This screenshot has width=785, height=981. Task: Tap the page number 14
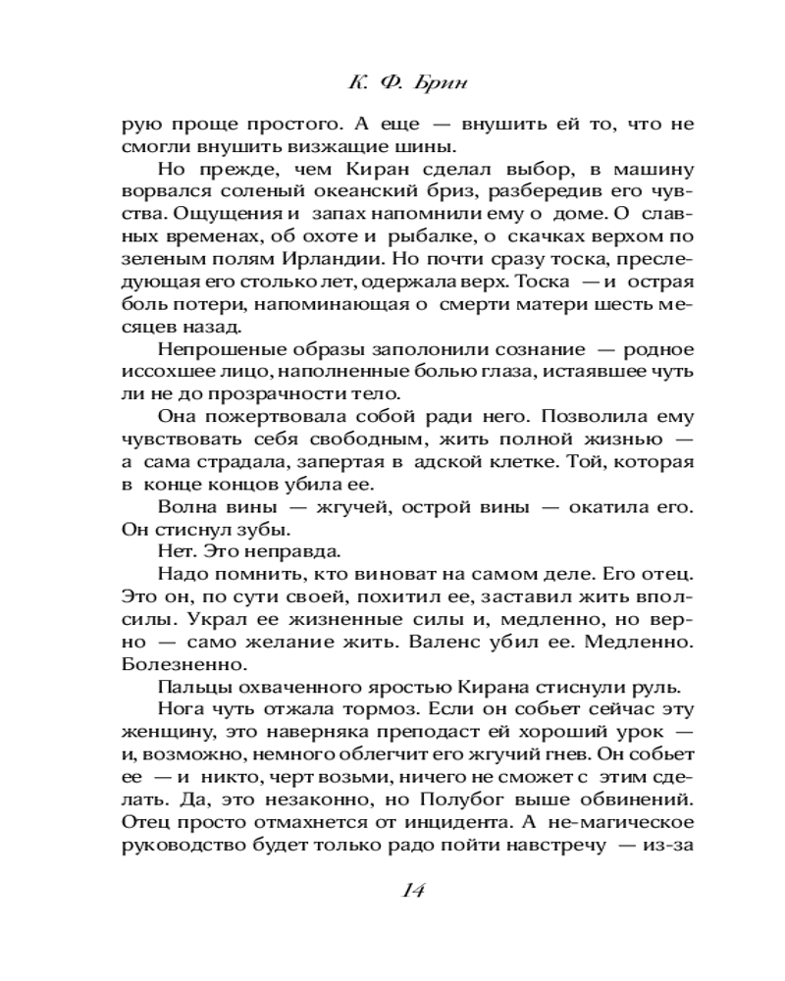tap(412, 889)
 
